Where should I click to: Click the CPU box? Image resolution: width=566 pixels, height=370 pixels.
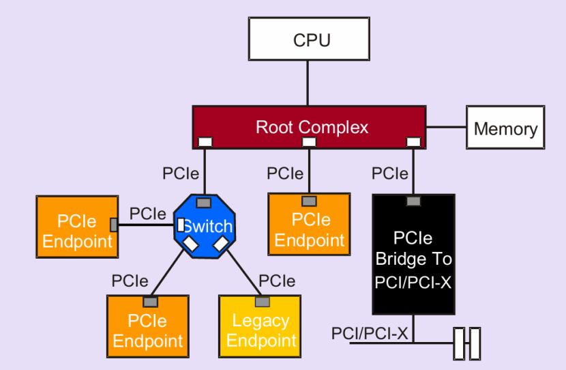pos(312,40)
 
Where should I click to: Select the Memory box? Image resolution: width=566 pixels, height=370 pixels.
pos(505,128)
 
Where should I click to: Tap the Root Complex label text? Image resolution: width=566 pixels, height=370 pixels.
pos(312,127)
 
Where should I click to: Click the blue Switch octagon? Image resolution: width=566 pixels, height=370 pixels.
pos(204,226)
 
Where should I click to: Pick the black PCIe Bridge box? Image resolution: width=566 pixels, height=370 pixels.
pos(413,259)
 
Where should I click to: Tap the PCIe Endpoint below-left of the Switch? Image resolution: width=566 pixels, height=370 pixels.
pos(147,330)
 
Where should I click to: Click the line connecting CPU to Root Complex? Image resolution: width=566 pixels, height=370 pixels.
pos(308,83)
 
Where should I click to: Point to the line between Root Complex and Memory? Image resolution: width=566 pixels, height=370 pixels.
pos(446,127)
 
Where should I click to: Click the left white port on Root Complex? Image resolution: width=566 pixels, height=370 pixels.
pos(204,142)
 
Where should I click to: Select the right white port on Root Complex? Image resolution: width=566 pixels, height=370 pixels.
pos(413,142)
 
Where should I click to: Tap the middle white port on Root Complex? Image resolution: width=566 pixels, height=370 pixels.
pos(309,142)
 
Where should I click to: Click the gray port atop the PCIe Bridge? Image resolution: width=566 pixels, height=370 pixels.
pos(413,201)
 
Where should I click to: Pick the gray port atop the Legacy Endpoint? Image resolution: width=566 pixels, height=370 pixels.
pos(260,302)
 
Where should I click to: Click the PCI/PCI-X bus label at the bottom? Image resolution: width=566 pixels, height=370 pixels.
pos(370,334)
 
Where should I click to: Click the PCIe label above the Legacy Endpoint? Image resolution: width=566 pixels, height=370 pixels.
pos(277,281)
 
